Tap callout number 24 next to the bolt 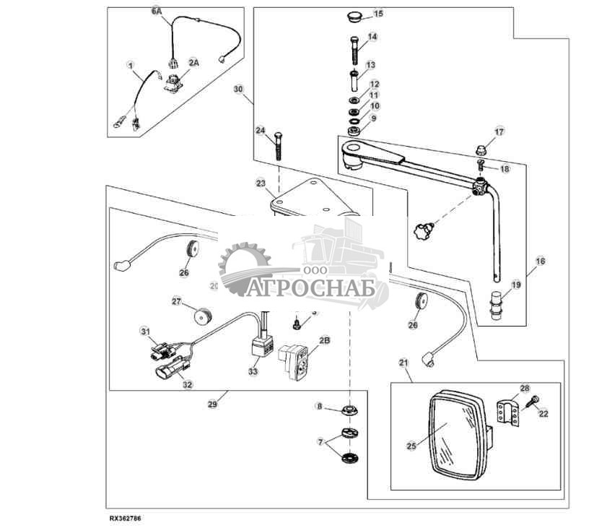point(261,131)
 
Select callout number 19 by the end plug point(515,285)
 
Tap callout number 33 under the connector point(253,371)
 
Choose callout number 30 point(240,90)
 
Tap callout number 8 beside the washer point(319,407)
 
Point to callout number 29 point(212,404)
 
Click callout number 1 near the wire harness point(131,65)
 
